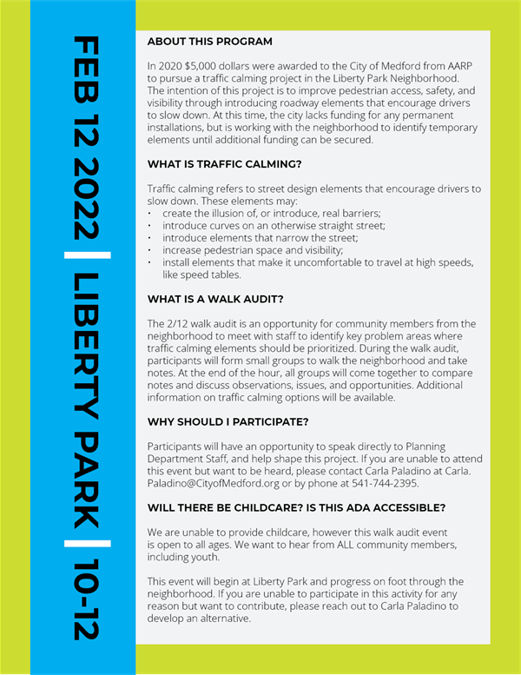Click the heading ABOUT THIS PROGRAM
coord(209,42)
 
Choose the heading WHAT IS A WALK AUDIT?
coord(215,300)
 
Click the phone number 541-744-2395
coord(387,483)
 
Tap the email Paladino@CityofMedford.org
coord(214,483)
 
